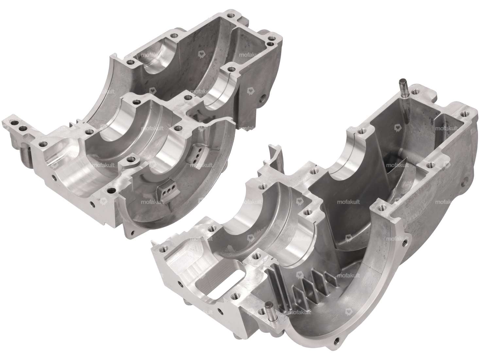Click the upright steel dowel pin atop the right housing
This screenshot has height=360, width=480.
[402, 89]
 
